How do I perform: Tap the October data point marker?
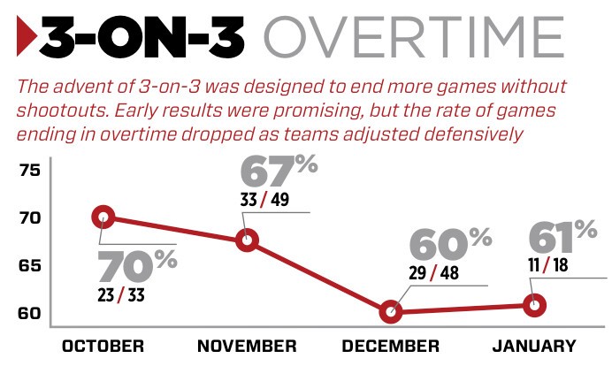tap(103, 217)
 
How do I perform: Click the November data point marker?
tap(249, 240)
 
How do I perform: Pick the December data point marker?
tap(390, 311)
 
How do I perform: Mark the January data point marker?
tap(533, 305)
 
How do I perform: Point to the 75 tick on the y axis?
tap(30, 170)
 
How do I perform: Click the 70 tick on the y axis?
tap(30, 217)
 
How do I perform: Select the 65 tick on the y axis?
tap(30, 265)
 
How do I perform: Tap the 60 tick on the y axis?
tap(30, 313)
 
